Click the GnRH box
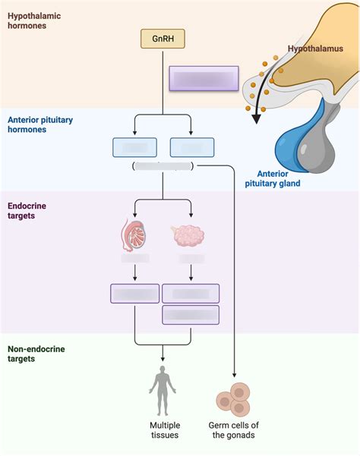click(163, 38)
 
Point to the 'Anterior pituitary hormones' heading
click(38, 124)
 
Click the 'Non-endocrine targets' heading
click(36, 354)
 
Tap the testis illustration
click(134, 235)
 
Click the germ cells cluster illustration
click(233, 400)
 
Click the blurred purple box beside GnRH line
click(204, 78)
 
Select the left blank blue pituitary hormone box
click(134, 147)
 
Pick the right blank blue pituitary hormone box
click(191, 147)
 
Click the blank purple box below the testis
click(134, 294)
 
